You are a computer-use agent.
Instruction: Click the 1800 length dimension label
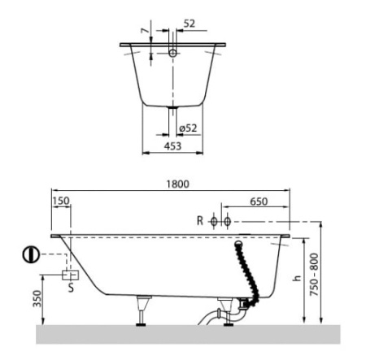(x=177, y=184)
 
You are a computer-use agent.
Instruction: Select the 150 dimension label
(x=61, y=201)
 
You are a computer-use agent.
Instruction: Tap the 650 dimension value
(x=259, y=202)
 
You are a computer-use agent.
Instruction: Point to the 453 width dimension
(x=172, y=146)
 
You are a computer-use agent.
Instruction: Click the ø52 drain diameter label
(x=188, y=128)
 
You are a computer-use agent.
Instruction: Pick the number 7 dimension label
(x=146, y=31)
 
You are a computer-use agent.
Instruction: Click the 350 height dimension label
(x=37, y=298)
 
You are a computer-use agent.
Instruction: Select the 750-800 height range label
(x=314, y=275)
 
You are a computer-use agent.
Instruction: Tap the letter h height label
(x=298, y=278)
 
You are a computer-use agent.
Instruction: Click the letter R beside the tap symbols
(x=200, y=221)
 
